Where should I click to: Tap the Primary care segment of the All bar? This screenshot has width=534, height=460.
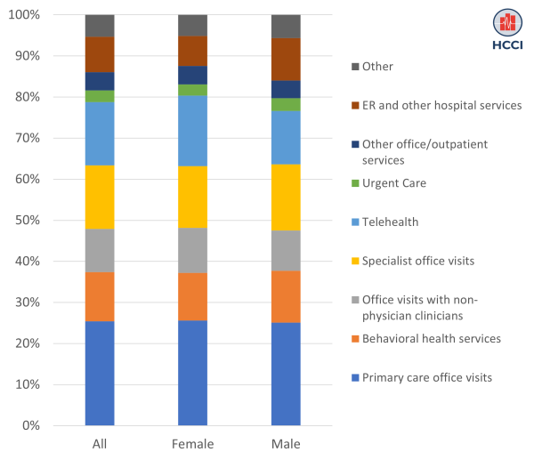100,373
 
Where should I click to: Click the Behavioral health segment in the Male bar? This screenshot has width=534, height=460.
286,296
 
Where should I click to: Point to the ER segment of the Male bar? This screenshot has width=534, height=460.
286,60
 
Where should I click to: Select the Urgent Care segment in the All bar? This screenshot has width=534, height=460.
100,96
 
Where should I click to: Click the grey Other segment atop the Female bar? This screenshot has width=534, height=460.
192,25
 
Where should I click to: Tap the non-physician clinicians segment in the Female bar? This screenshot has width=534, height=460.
192,250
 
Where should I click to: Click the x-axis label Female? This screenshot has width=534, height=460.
192,443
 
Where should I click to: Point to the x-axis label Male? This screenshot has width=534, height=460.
286,443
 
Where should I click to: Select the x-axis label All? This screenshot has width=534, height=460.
100,443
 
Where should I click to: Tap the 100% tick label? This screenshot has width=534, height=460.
23,15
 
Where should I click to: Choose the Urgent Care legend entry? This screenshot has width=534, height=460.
400,182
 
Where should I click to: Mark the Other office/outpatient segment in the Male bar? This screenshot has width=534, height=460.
286,89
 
